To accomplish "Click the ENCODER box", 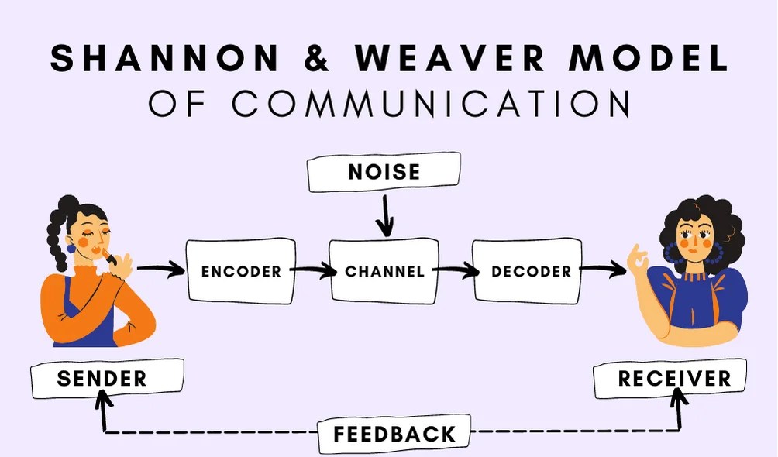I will point(240,272).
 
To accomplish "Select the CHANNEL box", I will point(385,272).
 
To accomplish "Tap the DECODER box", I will point(526,272).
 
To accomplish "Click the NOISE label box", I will point(384,172).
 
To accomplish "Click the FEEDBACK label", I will point(394,434).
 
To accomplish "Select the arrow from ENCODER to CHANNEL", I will point(312,272).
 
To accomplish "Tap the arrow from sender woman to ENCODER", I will point(161,270).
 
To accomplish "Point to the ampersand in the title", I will point(318,60).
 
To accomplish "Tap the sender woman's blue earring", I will point(71,247).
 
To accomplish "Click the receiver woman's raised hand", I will point(637,259).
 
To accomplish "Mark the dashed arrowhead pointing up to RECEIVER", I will point(680,397).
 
